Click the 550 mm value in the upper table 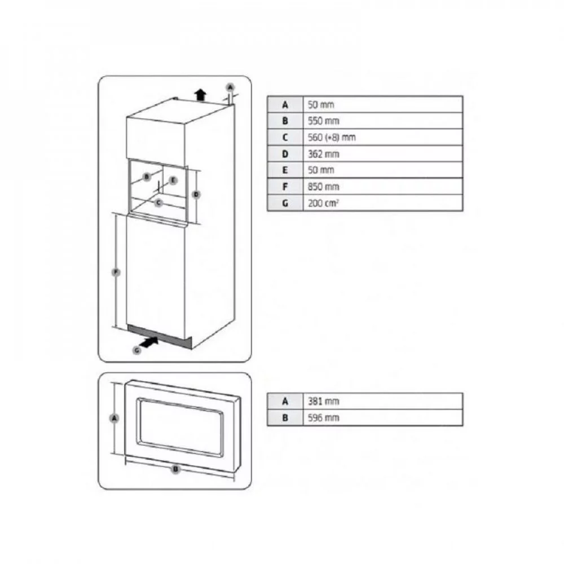[x=323, y=121]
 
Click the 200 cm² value [x=323, y=203]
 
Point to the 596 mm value [x=323, y=417]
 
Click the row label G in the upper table [x=285, y=203]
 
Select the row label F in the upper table [x=285, y=187]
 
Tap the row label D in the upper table [x=285, y=154]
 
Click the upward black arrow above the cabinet [x=200, y=95]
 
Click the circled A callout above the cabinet [x=231, y=87]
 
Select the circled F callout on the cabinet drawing [x=116, y=272]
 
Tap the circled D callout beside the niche [x=196, y=195]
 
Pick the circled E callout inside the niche [x=173, y=180]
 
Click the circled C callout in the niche [x=159, y=203]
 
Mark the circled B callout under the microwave [x=176, y=469]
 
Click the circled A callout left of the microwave [x=114, y=418]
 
